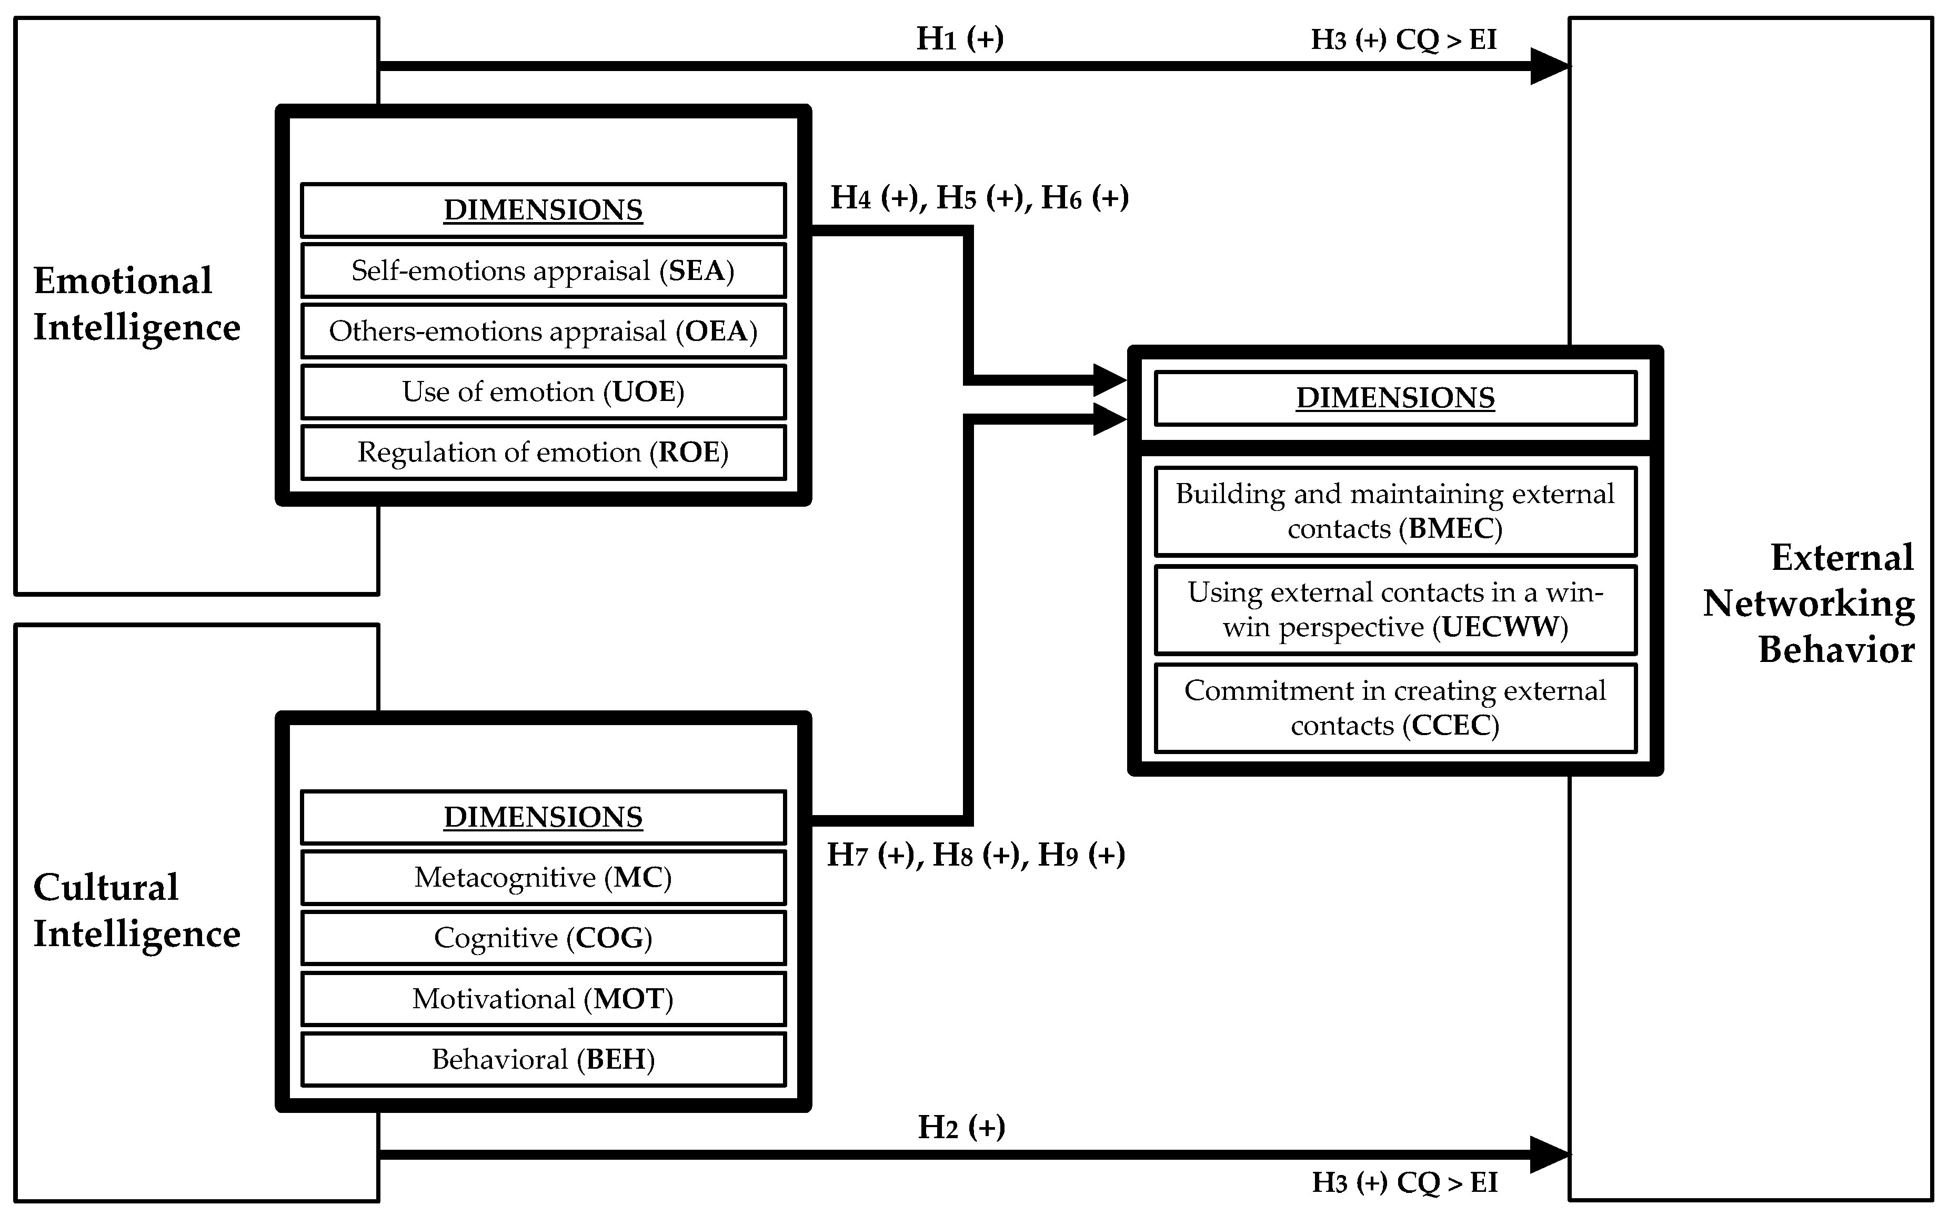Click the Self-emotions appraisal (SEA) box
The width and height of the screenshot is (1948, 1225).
point(543,271)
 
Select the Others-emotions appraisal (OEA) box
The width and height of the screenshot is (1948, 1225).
point(543,331)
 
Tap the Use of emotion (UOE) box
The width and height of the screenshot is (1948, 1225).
point(543,391)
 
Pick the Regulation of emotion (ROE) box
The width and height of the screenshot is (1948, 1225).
point(543,453)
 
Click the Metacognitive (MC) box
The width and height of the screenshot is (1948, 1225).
point(543,877)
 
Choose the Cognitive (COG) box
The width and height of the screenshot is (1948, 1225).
point(543,938)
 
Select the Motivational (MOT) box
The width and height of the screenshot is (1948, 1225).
point(543,998)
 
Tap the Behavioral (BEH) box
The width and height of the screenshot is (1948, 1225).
point(543,1059)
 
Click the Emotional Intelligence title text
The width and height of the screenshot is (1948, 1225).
point(136,304)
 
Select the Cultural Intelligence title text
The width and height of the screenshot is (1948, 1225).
point(136,910)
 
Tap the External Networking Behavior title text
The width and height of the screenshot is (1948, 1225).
point(1809,604)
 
